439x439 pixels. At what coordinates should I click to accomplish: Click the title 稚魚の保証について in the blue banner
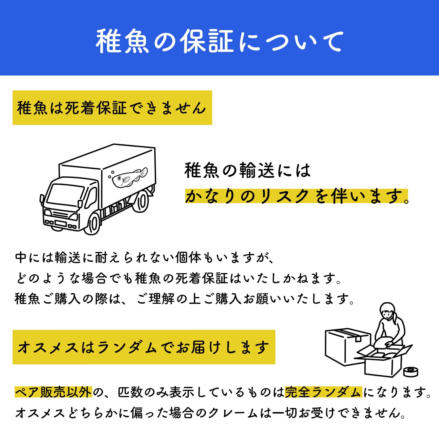(220, 41)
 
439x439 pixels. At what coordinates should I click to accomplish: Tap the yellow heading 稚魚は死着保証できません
(112, 108)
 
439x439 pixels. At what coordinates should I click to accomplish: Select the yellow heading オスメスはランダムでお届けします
(144, 347)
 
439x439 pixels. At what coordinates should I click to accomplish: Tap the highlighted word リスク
(281, 196)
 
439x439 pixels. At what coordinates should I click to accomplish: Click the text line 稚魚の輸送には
(248, 170)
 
